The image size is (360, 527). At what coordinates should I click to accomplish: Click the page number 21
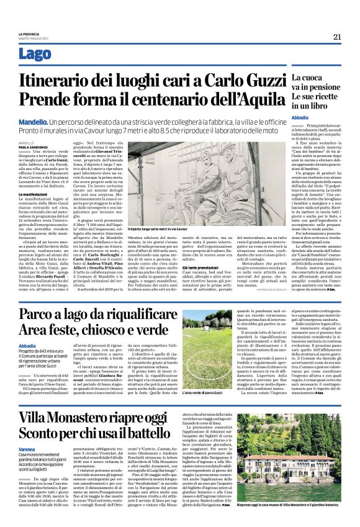point(337,37)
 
